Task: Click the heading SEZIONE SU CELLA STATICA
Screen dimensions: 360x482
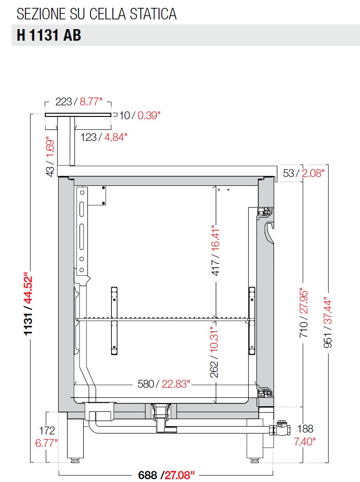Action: (x=97, y=14)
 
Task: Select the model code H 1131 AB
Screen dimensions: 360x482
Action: (x=49, y=35)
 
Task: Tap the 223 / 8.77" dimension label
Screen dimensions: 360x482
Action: (x=79, y=102)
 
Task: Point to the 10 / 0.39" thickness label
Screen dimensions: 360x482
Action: (x=140, y=116)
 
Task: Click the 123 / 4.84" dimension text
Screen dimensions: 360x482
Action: (x=104, y=137)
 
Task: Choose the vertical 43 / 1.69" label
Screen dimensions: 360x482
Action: (x=50, y=157)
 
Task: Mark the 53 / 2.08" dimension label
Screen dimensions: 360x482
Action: (x=304, y=173)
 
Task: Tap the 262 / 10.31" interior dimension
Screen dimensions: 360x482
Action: (x=214, y=352)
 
